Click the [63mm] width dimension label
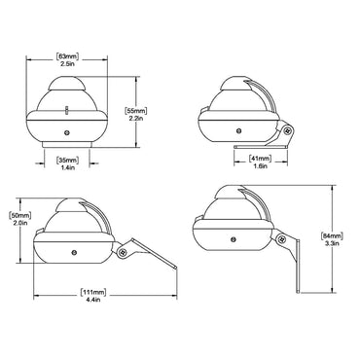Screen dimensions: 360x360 coord(68,56)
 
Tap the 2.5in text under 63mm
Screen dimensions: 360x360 coord(68,65)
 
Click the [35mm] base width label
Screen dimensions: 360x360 coord(66,159)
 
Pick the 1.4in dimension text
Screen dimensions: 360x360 coord(66,167)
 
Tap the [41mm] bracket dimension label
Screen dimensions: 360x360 coord(258,159)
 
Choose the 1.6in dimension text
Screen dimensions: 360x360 coord(258,167)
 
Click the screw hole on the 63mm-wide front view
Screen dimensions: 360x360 coord(66,132)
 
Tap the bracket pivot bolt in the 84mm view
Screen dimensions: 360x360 coord(282,239)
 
